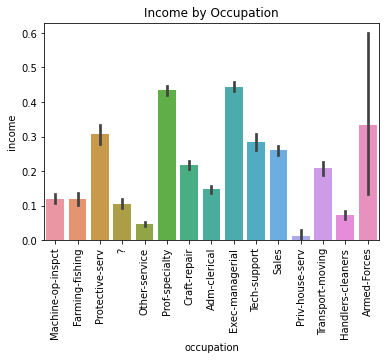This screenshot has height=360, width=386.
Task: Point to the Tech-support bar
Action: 256,191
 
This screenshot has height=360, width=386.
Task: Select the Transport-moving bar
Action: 323,204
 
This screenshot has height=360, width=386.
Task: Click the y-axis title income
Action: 11,132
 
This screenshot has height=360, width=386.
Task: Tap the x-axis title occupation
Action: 211,348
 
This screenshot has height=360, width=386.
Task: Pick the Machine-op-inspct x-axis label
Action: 56,290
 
